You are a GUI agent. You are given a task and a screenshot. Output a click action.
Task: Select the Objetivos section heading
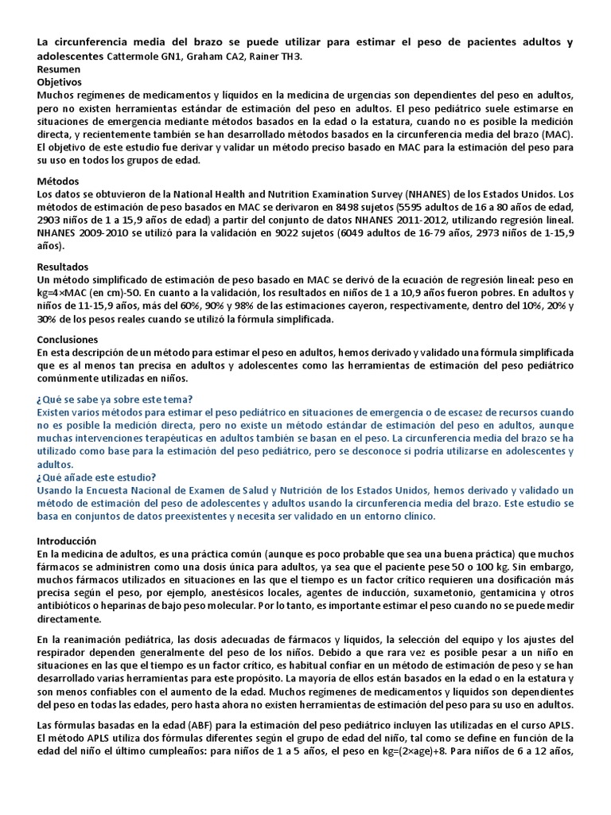(60, 82)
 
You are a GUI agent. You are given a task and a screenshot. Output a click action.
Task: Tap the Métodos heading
(58, 181)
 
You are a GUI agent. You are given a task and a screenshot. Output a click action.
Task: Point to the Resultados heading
(63, 267)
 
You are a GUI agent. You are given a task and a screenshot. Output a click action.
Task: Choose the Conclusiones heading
(67, 339)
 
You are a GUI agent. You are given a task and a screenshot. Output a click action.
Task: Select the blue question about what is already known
(115, 400)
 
